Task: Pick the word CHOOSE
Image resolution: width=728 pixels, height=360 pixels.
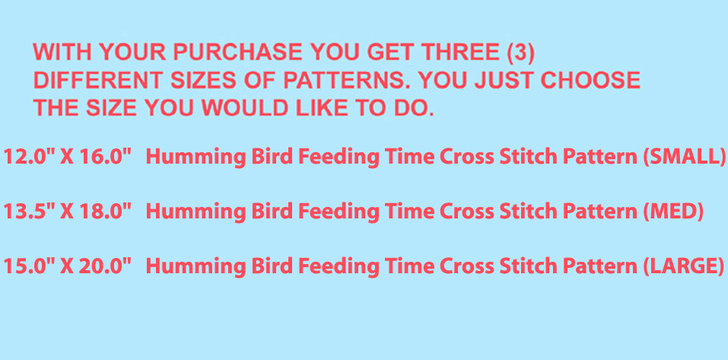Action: pyautogui.click(x=590, y=81)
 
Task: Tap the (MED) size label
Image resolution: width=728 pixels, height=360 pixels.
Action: pyautogui.click(x=673, y=212)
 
